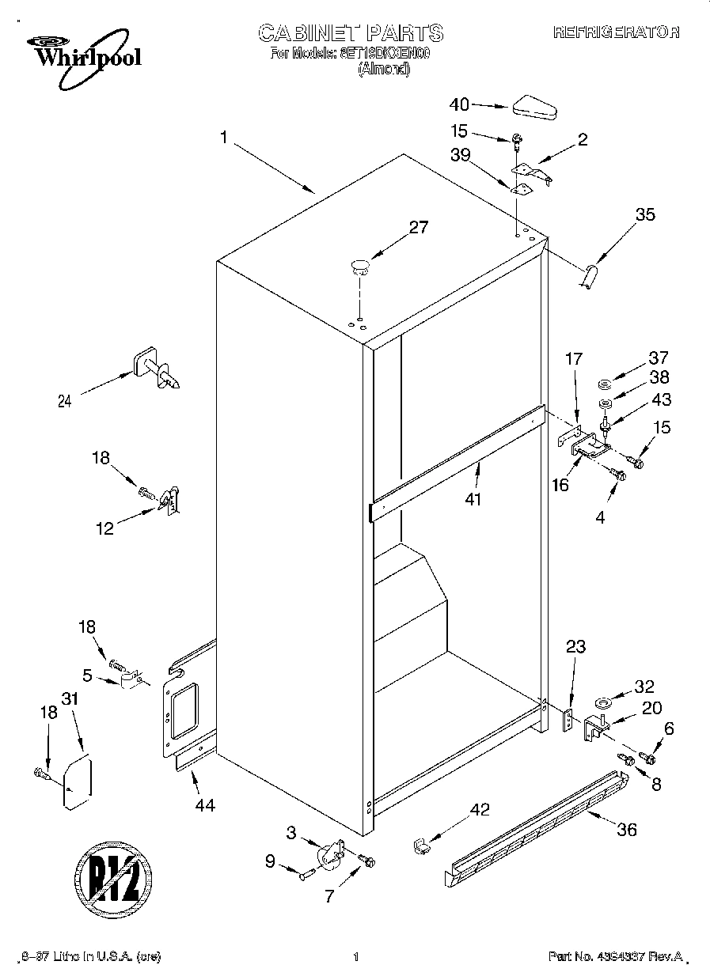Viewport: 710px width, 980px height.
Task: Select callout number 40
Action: (459, 104)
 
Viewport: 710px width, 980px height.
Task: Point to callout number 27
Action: (418, 228)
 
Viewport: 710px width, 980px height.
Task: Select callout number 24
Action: (64, 401)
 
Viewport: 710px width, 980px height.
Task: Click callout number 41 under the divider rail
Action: (474, 500)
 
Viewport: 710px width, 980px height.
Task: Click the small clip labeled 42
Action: (421, 846)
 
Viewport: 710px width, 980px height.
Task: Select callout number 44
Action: (203, 805)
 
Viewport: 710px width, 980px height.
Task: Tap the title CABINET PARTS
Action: (351, 32)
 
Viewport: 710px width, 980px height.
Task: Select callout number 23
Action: (575, 647)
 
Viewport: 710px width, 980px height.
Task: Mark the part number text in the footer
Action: (615, 957)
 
